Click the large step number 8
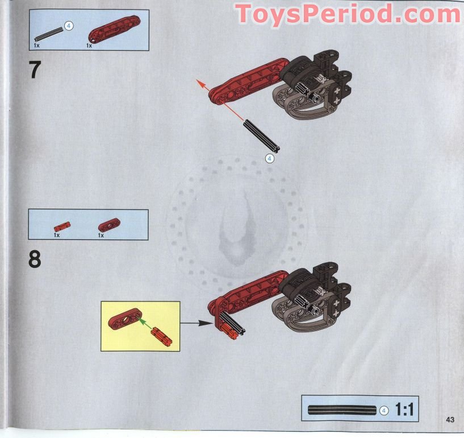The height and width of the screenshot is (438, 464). coord(35,259)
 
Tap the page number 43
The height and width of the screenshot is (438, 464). coord(450,420)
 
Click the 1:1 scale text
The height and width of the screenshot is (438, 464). coord(403,410)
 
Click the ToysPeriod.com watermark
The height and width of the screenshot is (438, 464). coord(348,14)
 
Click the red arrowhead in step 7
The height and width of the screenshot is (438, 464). coord(200,84)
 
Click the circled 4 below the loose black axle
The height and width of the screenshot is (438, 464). coord(270,159)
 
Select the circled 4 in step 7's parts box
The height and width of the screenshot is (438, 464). coord(69,26)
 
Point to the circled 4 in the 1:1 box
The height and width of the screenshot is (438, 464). coord(384,410)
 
